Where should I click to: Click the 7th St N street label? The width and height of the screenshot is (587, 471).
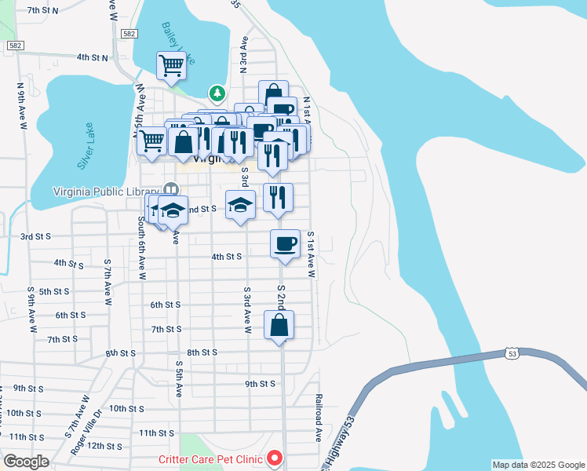(43, 11)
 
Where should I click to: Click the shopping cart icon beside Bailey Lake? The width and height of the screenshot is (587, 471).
(171, 66)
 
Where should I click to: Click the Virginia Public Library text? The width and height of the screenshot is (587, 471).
(105, 191)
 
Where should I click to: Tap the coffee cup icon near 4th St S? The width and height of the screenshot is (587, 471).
(285, 243)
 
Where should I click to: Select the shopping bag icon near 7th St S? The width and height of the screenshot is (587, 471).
(279, 324)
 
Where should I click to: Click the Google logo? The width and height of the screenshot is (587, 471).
(26, 462)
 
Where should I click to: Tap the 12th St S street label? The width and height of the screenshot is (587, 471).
(104, 446)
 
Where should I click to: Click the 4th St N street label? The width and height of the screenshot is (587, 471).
(92, 57)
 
